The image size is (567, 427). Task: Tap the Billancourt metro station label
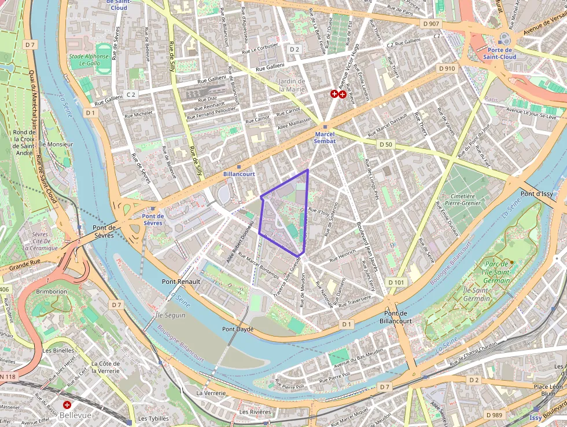coord(239,173)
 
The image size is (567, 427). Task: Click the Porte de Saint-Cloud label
coord(500,53)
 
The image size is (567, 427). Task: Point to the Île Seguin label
coord(171,315)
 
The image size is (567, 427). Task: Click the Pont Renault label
coord(181,282)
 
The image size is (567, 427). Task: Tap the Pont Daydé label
coord(238,329)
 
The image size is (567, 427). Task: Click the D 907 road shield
coord(431,24)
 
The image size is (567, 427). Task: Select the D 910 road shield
coord(447,68)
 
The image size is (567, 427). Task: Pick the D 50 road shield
coord(385,144)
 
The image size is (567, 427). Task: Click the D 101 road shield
coord(396,282)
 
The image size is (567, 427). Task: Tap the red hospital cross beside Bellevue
coord(67,405)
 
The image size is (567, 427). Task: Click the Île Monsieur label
coord(57,144)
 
